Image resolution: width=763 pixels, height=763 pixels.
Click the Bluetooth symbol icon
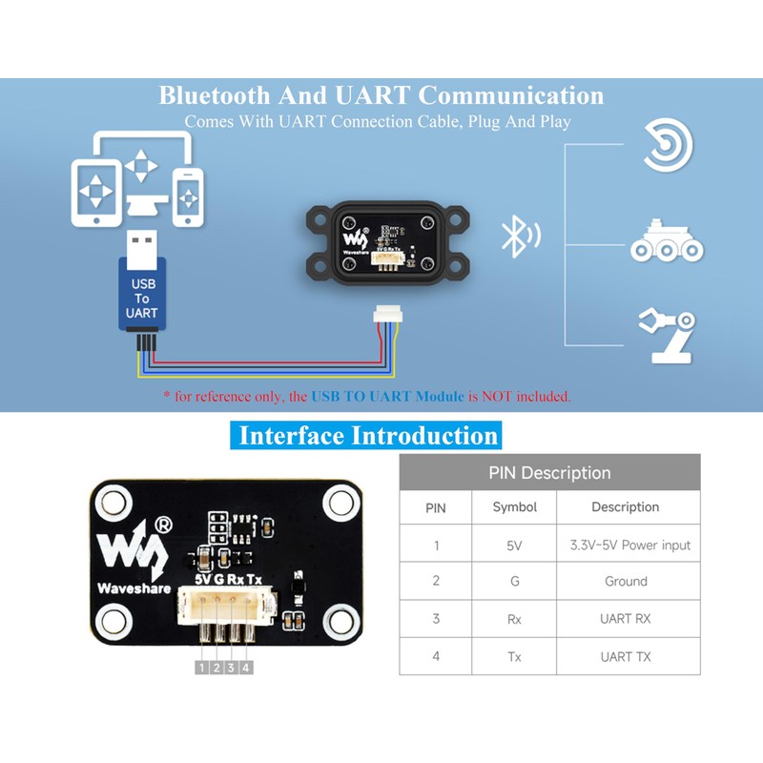click(515, 237)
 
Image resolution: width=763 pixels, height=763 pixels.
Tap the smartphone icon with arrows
click(189, 196)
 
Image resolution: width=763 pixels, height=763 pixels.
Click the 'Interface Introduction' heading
click(368, 436)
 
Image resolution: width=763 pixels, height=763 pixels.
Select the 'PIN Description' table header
click(549, 472)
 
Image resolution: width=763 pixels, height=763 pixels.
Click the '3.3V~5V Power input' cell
click(629, 546)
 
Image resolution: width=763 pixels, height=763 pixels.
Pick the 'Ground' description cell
click(626, 581)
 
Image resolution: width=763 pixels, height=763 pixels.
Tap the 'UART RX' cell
click(626, 619)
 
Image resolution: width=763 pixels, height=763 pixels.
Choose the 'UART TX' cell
click(626, 656)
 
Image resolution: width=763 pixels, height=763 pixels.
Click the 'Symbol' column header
click(515, 507)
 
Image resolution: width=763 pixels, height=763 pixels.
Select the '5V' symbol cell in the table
click(515, 546)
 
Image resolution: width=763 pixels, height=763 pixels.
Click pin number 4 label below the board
click(247, 668)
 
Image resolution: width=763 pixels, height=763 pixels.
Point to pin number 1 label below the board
click(201, 668)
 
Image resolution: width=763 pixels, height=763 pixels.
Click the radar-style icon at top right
click(667, 146)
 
